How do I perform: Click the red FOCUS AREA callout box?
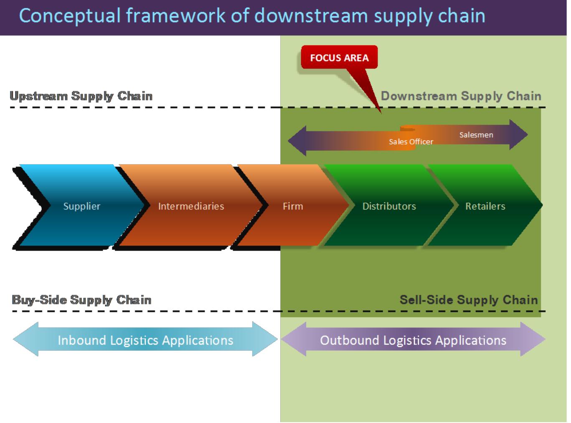(x=339, y=58)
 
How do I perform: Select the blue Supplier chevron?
(x=81, y=206)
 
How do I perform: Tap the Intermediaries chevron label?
(x=191, y=206)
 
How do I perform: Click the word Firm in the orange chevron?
(x=292, y=206)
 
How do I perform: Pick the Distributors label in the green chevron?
(x=389, y=206)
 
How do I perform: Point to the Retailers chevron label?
(x=485, y=206)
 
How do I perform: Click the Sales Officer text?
(x=411, y=142)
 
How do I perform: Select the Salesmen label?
(x=476, y=135)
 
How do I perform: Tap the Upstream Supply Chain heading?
(x=81, y=96)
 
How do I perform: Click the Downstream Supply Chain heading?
(x=461, y=96)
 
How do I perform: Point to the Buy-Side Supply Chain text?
(x=81, y=300)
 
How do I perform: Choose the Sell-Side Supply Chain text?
(x=468, y=300)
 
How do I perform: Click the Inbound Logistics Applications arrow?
(x=145, y=340)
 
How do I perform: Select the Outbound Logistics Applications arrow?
(x=413, y=340)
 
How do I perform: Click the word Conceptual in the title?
(x=69, y=16)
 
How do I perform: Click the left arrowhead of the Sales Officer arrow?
(x=297, y=141)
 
